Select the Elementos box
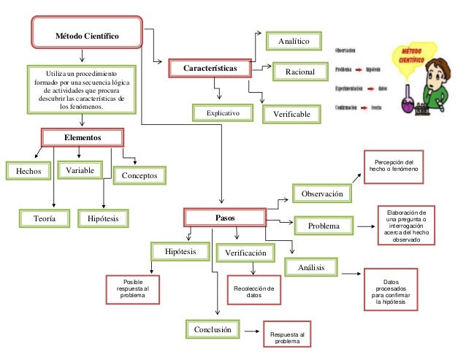click(x=82, y=137)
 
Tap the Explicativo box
click(x=223, y=114)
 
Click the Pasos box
click(x=225, y=218)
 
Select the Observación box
click(x=322, y=194)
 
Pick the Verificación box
click(x=245, y=253)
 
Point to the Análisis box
click(x=311, y=268)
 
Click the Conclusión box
click(x=212, y=329)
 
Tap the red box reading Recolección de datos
click(x=253, y=292)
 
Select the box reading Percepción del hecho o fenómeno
click(x=394, y=165)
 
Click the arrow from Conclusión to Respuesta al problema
click(x=251, y=332)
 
